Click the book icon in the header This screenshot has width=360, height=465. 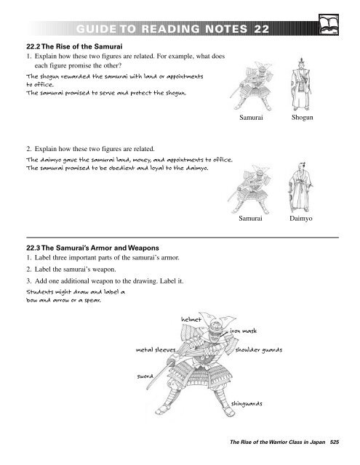(339, 27)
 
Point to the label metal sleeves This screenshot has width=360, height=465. (157, 349)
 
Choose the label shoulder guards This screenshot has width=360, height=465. (259, 349)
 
